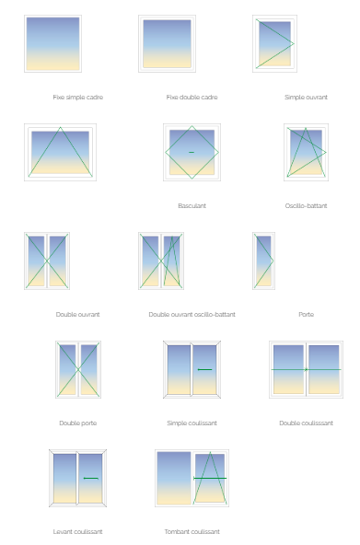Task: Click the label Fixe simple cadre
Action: [x=78, y=98]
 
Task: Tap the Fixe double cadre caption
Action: [x=192, y=98]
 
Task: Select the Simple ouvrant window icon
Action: [x=275, y=44]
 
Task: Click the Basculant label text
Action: [x=192, y=206]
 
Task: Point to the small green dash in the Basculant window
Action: [x=192, y=152]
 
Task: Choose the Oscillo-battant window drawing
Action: [x=307, y=152]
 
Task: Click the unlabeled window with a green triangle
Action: [x=60, y=152]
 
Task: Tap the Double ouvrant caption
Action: [x=78, y=315]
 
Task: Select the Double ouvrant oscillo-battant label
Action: [x=192, y=315]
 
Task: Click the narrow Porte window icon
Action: [x=263, y=261]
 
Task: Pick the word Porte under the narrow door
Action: [x=307, y=315]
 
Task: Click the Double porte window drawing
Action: [x=78, y=369]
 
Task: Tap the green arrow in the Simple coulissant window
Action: [x=204, y=369]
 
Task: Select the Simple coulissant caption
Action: [x=192, y=423]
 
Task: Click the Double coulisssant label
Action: [x=307, y=423]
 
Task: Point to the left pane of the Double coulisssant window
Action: [x=288, y=369]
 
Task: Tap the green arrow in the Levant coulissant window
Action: [x=91, y=479]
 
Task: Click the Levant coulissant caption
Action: [x=78, y=532]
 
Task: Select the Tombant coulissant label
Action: [x=192, y=532]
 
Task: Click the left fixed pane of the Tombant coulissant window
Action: [x=174, y=479]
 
